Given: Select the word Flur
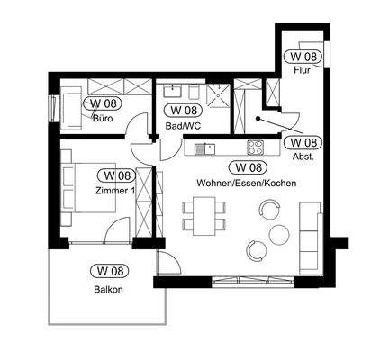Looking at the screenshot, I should click(302, 70).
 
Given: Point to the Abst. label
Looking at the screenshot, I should click(301, 155).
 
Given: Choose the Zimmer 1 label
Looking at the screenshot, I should click(114, 190).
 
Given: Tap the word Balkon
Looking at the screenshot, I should click(106, 289).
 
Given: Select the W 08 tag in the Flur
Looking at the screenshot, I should click(302, 56).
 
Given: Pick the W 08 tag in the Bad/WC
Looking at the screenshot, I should click(180, 110).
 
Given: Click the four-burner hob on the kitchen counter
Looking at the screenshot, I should click(255, 147).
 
